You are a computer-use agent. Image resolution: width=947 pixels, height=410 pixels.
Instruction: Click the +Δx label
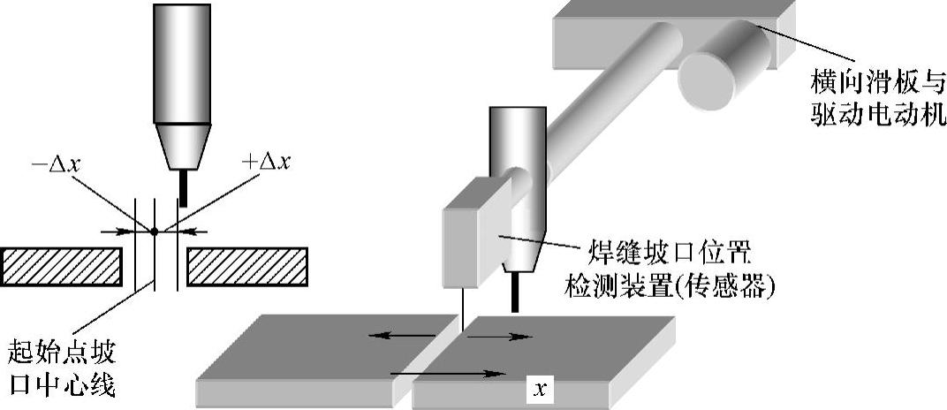click(265, 162)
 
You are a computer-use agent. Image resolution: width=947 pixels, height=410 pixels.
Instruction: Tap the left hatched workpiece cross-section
click(61, 266)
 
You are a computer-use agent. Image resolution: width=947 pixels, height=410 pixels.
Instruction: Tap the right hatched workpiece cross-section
click(246, 266)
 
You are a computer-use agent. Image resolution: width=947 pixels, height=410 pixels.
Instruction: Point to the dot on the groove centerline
click(155, 232)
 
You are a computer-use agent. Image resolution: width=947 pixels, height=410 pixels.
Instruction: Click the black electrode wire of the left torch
click(184, 188)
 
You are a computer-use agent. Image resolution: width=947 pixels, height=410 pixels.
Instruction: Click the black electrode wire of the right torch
click(514, 292)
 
